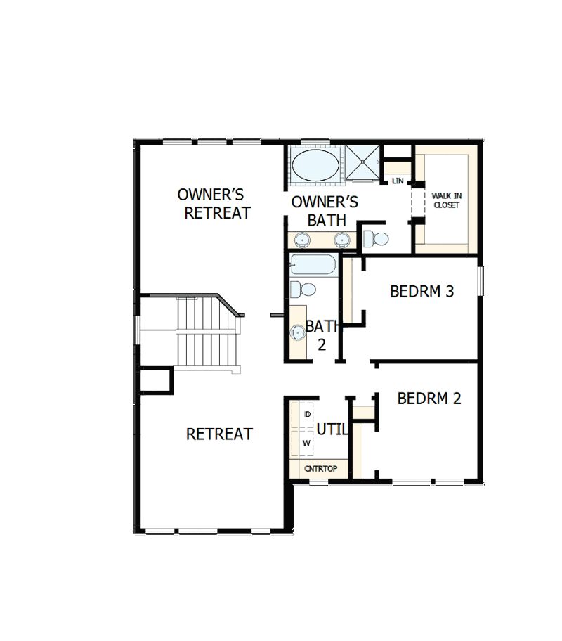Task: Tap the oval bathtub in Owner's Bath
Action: click(x=313, y=166)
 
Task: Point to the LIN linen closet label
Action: click(x=398, y=181)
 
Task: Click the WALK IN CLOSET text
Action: click(x=446, y=200)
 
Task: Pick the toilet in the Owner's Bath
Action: click(x=376, y=238)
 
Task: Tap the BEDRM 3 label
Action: click(x=421, y=291)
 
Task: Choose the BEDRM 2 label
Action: click(x=429, y=399)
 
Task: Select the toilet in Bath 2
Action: click(x=303, y=289)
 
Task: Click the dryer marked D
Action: click(x=307, y=415)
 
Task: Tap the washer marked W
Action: click(x=307, y=443)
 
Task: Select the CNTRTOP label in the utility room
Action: click(x=321, y=468)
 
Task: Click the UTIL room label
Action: click(x=332, y=429)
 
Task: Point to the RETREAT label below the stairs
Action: click(x=219, y=434)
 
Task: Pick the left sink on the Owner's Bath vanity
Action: click(x=303, y=239)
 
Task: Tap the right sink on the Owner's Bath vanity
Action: click(x=341, y=239)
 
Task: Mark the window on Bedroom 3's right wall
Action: click(x=482, y=280)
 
